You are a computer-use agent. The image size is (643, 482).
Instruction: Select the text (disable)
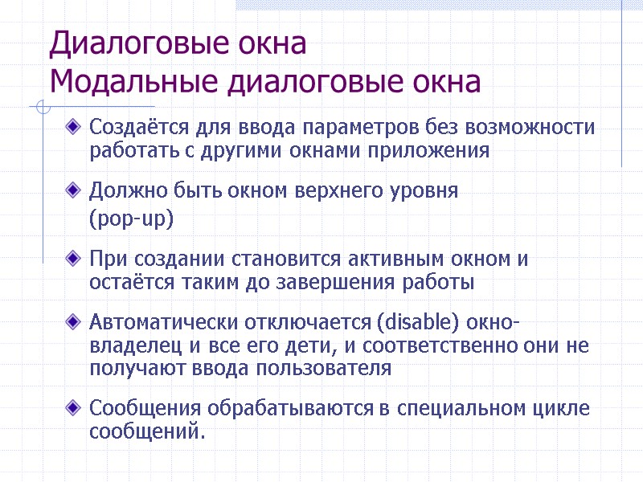pos(412,323)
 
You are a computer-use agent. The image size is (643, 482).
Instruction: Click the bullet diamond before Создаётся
pos(75,127)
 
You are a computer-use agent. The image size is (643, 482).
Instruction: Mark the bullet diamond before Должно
pos(75,191)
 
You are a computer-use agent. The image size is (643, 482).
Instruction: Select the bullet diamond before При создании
pos(75,259)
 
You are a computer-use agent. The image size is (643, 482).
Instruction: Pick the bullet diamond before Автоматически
pos(75,323)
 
